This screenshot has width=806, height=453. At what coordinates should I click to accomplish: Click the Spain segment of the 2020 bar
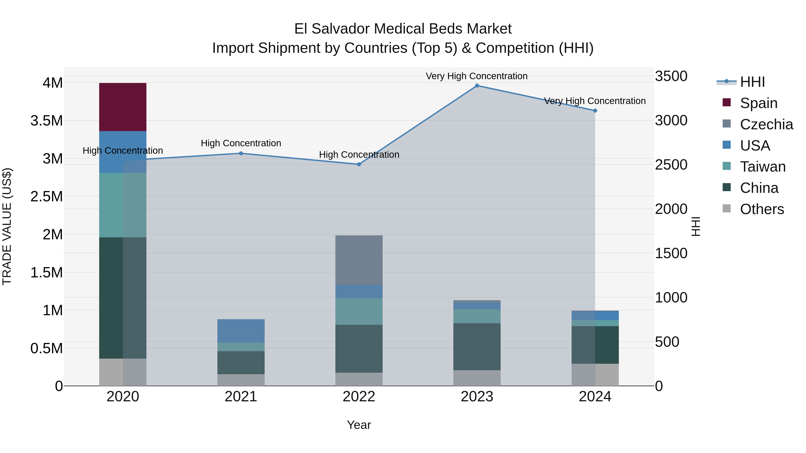(123, 107)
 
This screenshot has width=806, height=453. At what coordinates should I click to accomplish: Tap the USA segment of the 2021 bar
(241, 331)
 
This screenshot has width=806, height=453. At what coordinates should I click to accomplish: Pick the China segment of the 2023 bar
(477, 347)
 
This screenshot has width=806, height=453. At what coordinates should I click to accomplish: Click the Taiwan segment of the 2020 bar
(123, 205)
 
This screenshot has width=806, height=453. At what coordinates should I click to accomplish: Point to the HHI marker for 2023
(477, 86)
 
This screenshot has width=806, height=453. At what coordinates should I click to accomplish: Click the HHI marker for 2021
(241, 153)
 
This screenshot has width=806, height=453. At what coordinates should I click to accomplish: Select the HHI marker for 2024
(595, 111)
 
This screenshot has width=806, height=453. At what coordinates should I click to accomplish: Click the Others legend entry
(762, 209)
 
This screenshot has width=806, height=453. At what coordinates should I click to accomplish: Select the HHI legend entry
(752, 82)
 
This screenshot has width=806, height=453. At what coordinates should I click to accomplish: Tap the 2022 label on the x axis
(359, 397)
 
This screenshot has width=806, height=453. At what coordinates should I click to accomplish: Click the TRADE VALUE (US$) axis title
(7, 226)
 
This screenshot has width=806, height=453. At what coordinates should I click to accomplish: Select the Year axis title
(359, 425)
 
